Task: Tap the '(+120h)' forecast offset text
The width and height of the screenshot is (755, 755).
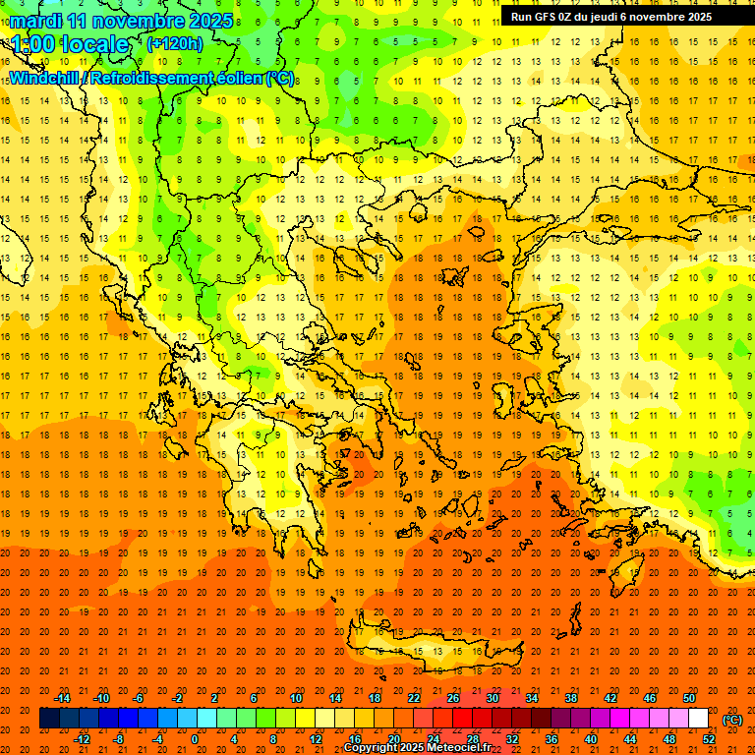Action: click(x=175, y=43)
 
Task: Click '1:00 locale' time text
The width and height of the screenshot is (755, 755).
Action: click(x=70, y=44)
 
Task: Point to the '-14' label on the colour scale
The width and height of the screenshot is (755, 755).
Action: click(x=62, y=698)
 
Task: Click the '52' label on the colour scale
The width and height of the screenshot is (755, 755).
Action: click(x=709, y=739)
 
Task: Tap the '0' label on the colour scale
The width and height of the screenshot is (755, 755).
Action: click(x=194, y=739)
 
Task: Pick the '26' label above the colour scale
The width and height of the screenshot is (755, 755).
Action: click(x=453, y=698)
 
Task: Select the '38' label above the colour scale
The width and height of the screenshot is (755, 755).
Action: click(x=571, y=698)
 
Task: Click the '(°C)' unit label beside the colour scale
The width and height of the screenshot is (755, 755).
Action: click(x=732, y=720)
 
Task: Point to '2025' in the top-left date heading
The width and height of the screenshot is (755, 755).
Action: click(x=210, y=21)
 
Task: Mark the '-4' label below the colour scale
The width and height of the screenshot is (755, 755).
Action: click(x=156, y=739)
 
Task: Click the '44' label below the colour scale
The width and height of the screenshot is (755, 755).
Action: click(x=630, y=739)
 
